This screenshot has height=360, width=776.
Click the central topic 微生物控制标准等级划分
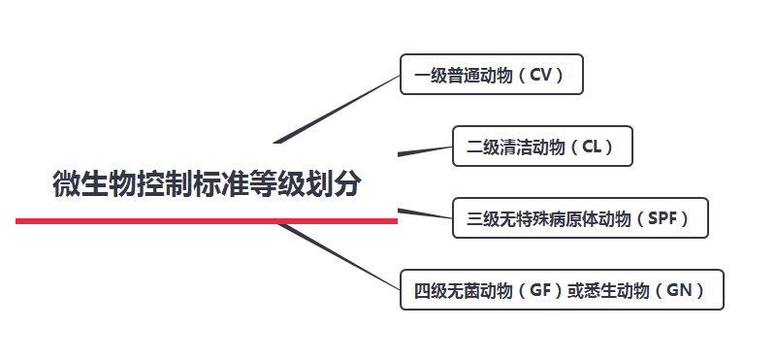coord(207,183)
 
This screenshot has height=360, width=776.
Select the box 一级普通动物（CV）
coord(491,75)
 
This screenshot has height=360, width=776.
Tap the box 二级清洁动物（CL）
coord(542,147)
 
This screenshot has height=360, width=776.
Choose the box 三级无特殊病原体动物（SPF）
coord(580,218)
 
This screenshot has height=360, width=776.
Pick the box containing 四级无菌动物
coord(562,290)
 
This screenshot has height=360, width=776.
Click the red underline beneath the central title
coord(207,221)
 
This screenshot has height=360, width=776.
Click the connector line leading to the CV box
coord(339,108)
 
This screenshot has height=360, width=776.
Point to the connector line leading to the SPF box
coord(425,213)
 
